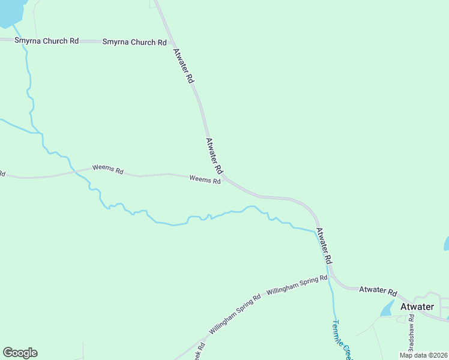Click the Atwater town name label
coord(417,307)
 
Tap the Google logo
coord(20,353)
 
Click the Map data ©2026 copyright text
coord(423,355)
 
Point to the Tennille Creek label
coord(340,336)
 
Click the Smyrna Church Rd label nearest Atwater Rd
coord(134,42)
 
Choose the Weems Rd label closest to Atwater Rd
coord(205,179)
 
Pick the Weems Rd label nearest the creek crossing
coord(107,170)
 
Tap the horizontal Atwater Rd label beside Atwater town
coord(378,291)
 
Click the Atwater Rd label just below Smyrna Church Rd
coord(183,65)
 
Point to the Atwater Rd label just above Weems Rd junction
coord(214,155)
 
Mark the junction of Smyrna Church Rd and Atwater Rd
coord(172,43)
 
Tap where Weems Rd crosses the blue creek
coord(75,171)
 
